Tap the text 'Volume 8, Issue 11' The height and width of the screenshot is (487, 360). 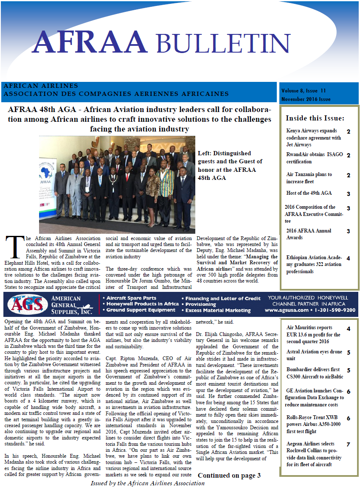(303, 91)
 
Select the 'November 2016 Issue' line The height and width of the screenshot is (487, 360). (306, 99)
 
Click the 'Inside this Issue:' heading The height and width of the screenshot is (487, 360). (315, 118)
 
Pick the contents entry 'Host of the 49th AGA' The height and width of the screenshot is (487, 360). (309, 193)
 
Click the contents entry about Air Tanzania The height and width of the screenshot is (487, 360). (309, 178)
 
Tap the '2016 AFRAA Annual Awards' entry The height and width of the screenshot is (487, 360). (309, 234)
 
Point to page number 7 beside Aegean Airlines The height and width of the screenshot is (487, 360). (348, 445)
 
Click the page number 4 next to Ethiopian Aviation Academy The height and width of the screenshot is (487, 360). (348, 258)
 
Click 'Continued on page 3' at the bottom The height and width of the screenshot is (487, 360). (229, 476)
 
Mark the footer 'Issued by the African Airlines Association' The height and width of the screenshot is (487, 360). (147, 483)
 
